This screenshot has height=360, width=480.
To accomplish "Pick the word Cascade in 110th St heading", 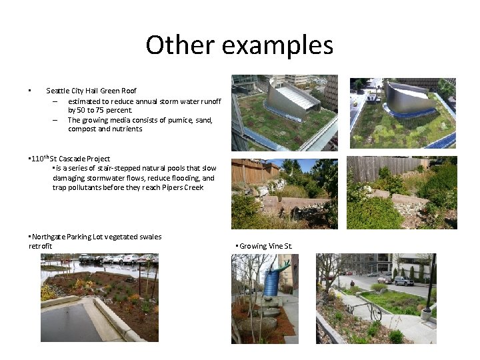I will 73,159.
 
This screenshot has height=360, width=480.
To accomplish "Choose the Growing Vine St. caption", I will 265,246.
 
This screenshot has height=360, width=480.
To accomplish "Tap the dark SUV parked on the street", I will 403,281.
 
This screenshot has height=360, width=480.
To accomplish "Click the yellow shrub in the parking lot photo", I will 48,292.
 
